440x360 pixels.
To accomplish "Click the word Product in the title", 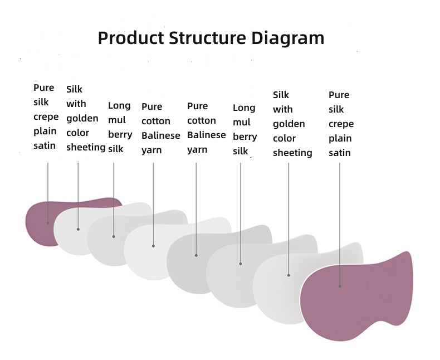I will (x=130, y=38).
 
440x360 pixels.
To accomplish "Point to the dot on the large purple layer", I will (x=340, y=286).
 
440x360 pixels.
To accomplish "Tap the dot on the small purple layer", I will (x=48, y=223).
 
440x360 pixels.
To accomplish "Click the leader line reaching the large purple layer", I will (x=340, y=223).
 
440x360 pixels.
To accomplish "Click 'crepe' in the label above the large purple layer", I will (x=341, y=124).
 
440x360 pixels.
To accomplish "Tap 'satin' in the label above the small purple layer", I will (x=45, y=146).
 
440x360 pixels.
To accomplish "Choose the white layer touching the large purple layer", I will (x=278, y=284).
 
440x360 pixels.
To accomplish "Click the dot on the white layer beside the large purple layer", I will (x=289, y=275).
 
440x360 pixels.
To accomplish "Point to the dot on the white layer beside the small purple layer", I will (x=78, y=229).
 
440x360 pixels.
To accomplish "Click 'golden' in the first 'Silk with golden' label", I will (x=82, y=118).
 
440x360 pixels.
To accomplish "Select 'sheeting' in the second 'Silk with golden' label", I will (x=292, y=153).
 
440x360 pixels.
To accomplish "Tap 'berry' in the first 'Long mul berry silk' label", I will (x=120, y=134).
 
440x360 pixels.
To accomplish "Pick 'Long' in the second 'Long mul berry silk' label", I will (x=244, y=108).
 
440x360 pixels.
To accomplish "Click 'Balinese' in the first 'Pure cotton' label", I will (x=160, y=135).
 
